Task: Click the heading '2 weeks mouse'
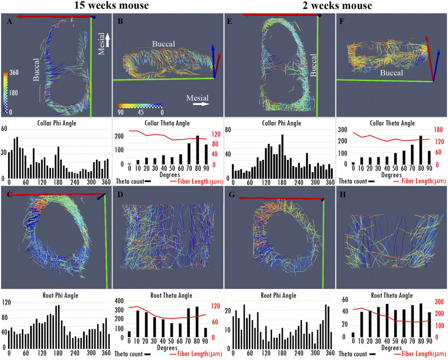334,7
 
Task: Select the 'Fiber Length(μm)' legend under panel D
196,354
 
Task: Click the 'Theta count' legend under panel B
129,180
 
